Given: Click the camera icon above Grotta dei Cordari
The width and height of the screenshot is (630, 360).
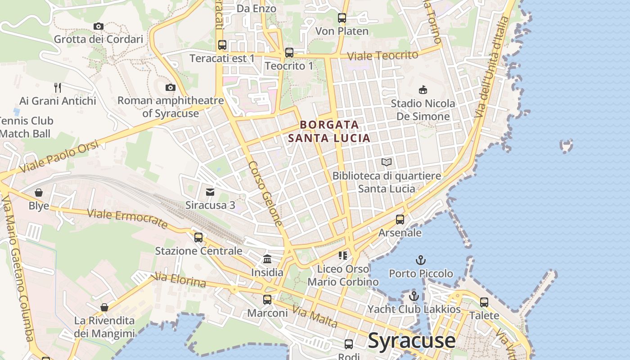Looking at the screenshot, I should pos(99,26).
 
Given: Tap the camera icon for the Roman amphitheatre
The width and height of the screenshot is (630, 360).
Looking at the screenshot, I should pos(170,87).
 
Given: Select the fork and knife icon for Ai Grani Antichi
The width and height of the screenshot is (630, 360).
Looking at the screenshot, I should pos(57,87).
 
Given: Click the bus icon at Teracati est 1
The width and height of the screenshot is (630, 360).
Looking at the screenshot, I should pos(222,45).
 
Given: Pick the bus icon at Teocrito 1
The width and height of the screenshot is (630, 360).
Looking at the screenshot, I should pos(289,53).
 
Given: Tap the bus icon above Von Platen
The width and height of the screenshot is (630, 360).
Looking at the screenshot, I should pos(342,18).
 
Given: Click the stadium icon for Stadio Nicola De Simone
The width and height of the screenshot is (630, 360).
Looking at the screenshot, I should pos(423,90).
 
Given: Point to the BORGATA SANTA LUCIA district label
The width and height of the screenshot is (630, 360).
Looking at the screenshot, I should pos(329,131).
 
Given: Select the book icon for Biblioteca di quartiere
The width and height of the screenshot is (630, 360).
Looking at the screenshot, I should pos(386,162).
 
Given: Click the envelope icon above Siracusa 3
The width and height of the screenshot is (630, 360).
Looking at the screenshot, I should pos(210,192).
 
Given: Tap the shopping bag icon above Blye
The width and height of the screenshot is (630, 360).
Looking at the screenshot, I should pos(39,193).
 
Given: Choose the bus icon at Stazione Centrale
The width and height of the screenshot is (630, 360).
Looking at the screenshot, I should pos(198,237).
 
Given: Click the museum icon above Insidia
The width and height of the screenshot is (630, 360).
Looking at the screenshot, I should pos(267,259).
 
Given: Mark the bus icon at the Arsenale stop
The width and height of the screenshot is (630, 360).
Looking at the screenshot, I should pos(400,220).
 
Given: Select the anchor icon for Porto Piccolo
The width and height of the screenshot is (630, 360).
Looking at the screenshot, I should pos(421,260).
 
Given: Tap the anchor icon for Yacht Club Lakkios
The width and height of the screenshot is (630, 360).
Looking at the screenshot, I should pos(414,296).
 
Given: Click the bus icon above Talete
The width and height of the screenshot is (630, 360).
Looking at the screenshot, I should pos(484,302).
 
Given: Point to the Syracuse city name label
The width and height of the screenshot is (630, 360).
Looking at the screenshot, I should pos(412,341).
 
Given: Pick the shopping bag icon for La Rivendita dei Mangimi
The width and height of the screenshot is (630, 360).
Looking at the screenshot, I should pos(104,307).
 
